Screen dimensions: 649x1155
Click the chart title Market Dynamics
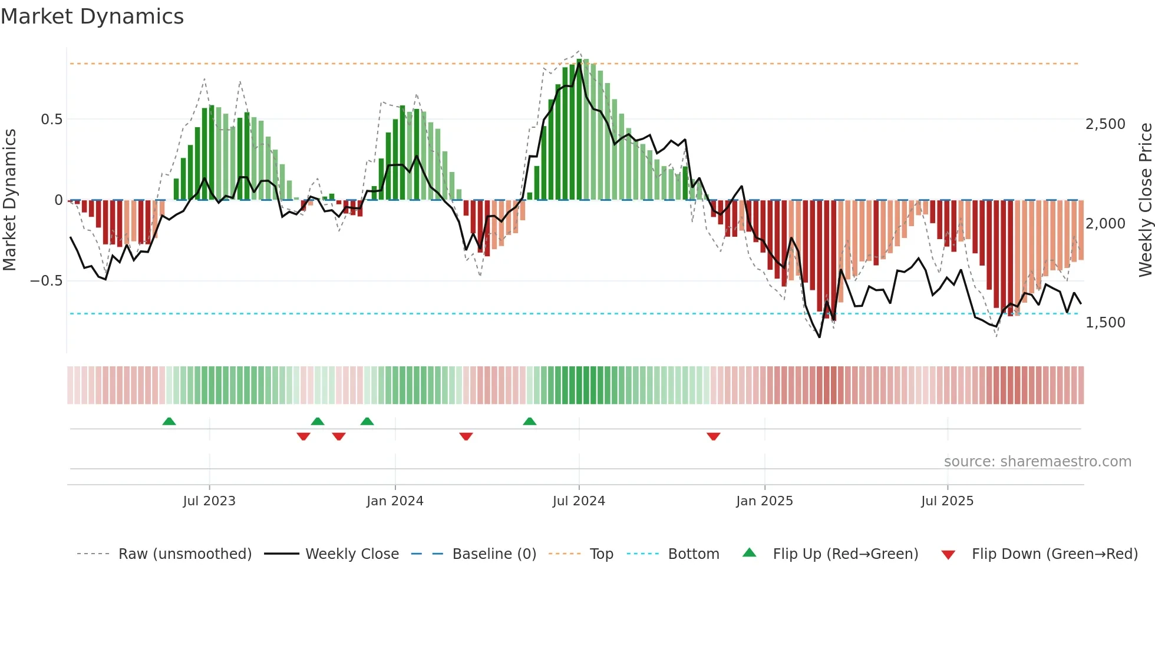(92, 16)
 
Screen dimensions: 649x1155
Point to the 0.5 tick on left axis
(51, 120)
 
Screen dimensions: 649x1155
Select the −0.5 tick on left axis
(47, 281)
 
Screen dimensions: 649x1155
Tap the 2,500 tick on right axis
(1105, 124)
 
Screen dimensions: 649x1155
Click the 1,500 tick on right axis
(1105, 323)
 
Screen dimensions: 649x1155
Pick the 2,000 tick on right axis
(1105, 224)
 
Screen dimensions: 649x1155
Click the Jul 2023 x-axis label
(209, 501)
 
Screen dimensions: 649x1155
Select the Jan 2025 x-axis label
(764, 501)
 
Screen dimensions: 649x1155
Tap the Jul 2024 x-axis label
(579, 501)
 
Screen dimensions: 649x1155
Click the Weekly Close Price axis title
(1145, 200)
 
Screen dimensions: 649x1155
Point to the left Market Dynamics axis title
(9, 200)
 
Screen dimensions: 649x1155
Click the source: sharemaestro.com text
(1037, 462)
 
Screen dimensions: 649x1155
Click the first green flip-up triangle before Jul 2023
(169, 421)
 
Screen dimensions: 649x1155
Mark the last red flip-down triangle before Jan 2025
(714, 436)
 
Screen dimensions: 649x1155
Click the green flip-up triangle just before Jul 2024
(530, 421)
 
